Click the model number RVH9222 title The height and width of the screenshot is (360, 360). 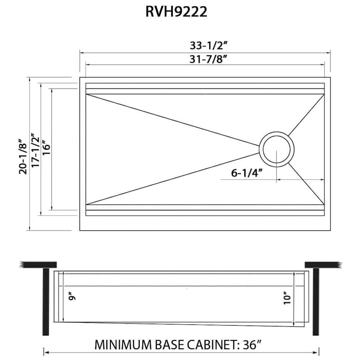click(176, 12)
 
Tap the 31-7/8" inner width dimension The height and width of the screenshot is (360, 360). click(209, 60)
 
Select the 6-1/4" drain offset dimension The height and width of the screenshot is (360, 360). click(246, 173)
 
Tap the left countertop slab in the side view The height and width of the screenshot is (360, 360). click(38, 265)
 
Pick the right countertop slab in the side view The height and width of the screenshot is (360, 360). click(324, 265)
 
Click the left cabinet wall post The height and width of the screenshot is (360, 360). click(46, 302)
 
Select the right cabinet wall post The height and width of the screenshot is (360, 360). click(316, 302)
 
